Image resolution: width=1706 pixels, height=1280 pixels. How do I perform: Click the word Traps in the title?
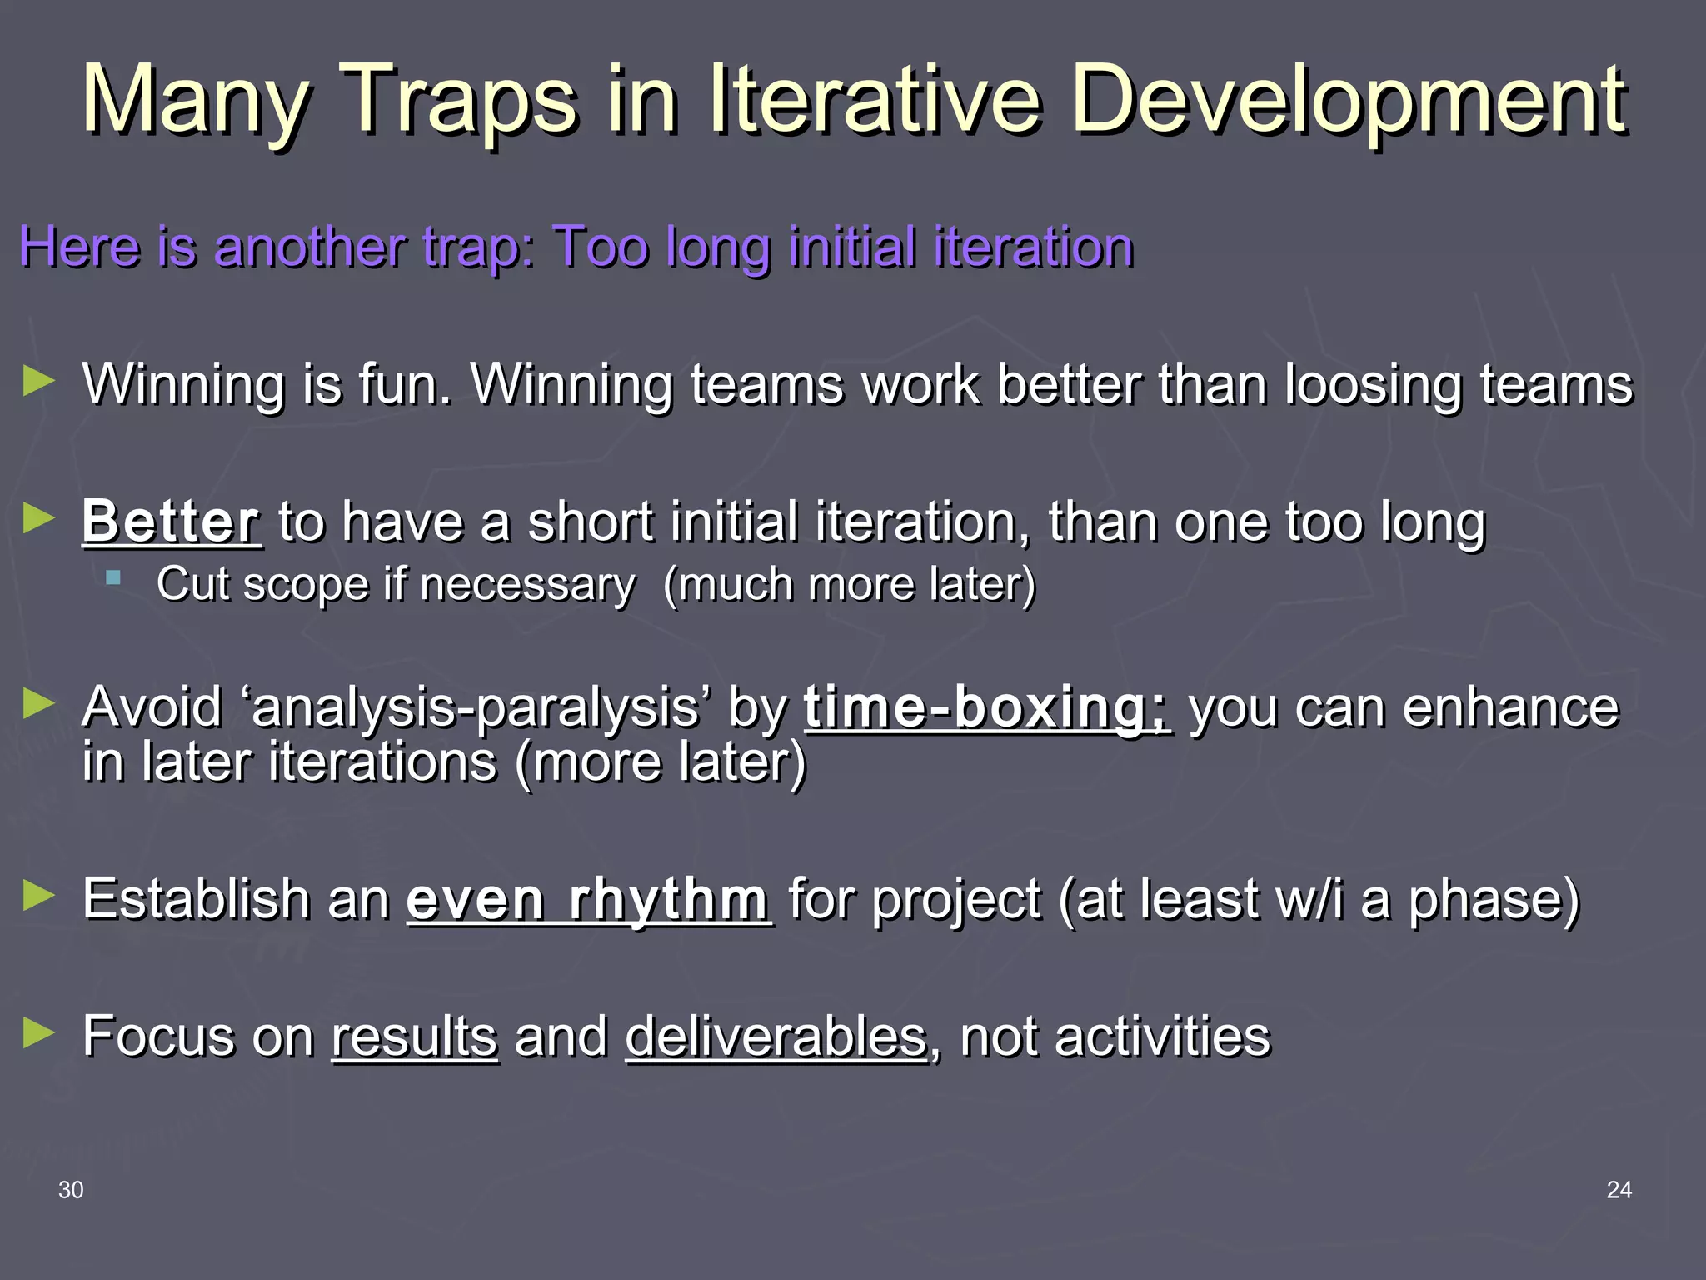click(x=460, y=102)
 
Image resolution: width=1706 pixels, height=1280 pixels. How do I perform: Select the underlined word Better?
click(x=171, y=522)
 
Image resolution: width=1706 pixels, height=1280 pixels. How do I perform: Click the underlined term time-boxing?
click(x=986, y=707)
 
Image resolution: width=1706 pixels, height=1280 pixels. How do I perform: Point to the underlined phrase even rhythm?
click(x=588, y=900)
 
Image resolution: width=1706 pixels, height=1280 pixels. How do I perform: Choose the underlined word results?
click(x=415, y=1037)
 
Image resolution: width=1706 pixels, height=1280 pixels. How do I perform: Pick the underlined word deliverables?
click(x=776, y=1037)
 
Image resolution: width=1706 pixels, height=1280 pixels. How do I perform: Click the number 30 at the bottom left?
click(x=71, y=1190)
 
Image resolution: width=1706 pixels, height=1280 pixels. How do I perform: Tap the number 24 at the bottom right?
click(x=1619, y=1190)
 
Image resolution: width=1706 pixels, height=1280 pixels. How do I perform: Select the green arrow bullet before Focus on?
click(x=38, y=1034)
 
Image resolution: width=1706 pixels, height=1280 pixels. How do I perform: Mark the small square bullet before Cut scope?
click(x=114, y=577)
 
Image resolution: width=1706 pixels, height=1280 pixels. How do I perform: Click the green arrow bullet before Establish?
click(x=38, y=897)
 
